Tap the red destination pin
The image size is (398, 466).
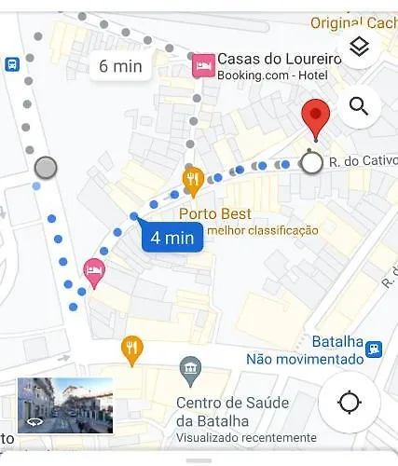(x=317, y=118)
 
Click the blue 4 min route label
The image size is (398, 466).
(x=173, y=238)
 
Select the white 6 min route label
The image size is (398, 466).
(x=121, y=66)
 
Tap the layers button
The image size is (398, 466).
(x=359, y=47)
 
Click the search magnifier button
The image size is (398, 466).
(x=359, y=105)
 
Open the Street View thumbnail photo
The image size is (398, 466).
(x=65, y=405)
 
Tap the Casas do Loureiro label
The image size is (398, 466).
(x=279, y=59)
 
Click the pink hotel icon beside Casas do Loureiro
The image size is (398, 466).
(x=202, y=64)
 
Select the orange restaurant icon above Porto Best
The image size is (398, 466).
(x=193, y=180)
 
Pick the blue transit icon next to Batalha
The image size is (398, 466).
(x=374, y=348)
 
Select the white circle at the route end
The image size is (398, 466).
(x=312, y=163)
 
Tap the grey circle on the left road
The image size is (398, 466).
(x=45, y=168)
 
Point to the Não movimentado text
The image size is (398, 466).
(x=304, y=359)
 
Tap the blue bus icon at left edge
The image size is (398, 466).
(x=11, y=64)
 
